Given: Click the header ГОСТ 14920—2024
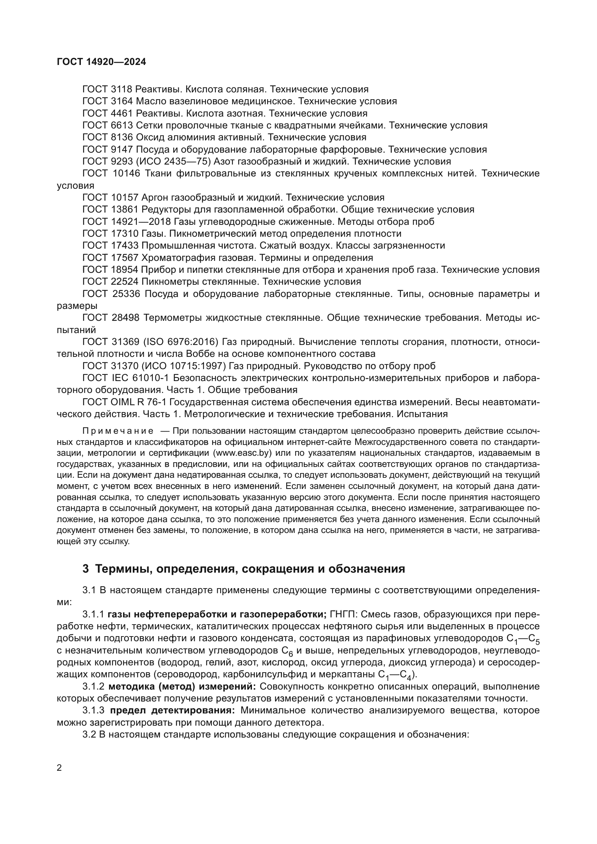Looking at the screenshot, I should (101, 62).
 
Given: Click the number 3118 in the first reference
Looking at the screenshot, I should (122, 89).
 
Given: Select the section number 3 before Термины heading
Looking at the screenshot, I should (86, 569).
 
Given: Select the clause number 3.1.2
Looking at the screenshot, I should (93, 686).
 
